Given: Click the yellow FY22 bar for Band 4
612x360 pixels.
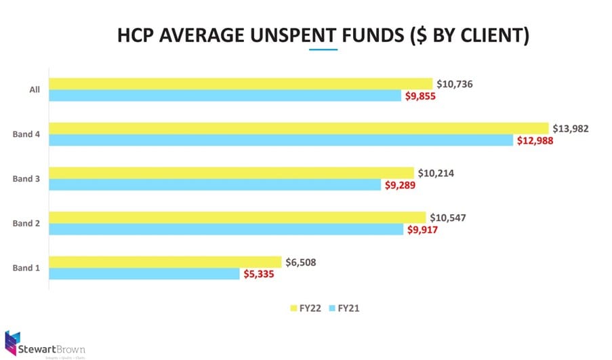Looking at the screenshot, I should click(x=298, y=128).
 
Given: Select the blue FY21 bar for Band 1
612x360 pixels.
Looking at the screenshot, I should click(x=144, y=274).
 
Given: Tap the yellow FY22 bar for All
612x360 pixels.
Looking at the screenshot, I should click(x=241, y=83).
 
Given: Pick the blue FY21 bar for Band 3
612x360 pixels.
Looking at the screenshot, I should click(x=215, y=184).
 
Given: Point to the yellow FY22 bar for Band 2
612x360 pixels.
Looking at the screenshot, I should click(x=237, y=217).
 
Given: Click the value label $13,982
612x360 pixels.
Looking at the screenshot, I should click(x=571, y=128).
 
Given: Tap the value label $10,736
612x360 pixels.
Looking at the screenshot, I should click(x=455, y=84).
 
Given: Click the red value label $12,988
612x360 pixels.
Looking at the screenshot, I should click(x=535, y=140).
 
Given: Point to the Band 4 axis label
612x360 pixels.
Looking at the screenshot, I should click(x=26, y=134).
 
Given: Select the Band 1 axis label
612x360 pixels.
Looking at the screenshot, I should click(x=26, y=268).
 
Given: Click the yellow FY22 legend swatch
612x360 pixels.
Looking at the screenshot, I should click(x=293, y=308).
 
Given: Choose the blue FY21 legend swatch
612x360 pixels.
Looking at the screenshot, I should click(x=331, y=308).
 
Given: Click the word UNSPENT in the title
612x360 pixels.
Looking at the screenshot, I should click(x=302, y=35).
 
